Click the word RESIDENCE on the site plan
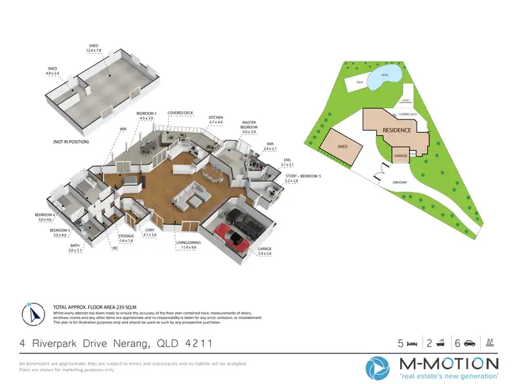tap(397, 130)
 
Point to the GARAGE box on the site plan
tap(401, 156)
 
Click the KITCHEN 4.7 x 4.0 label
tap(216, 120)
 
